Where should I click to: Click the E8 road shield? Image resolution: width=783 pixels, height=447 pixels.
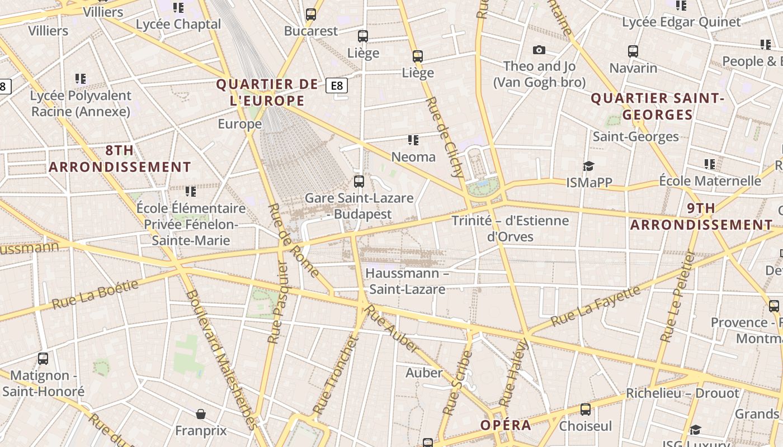click(x=337, y=85)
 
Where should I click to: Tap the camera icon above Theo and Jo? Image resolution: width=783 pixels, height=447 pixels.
click(x=539, y=50)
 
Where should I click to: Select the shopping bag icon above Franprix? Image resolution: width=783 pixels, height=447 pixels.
click(x=201, y=414)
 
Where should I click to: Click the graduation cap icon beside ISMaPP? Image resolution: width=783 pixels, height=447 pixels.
click(x=588, y=166)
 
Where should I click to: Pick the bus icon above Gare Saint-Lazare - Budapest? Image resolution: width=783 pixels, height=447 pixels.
click(x=359, y=181)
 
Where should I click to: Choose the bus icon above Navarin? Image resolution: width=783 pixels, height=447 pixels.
click(x=633, y=51)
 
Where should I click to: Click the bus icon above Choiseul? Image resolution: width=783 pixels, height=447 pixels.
click(x=586, y=410)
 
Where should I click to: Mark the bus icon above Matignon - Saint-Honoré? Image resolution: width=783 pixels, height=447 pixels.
click(x=43, y=358)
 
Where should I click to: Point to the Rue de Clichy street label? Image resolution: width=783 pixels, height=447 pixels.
click(x=446, y=137)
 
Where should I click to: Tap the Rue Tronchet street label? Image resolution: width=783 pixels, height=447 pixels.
click(x=334, y=375)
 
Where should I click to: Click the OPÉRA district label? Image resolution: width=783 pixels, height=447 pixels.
click(x=506, y=425)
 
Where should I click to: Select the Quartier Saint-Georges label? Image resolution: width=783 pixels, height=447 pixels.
click(x=658, y=107)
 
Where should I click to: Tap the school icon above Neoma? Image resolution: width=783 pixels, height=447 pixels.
click(x=413, y=140)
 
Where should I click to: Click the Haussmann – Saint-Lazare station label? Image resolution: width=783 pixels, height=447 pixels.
click(x=407, y=282)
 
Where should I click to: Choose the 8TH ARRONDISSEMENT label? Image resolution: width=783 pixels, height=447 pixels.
click(x=120, y=159)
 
